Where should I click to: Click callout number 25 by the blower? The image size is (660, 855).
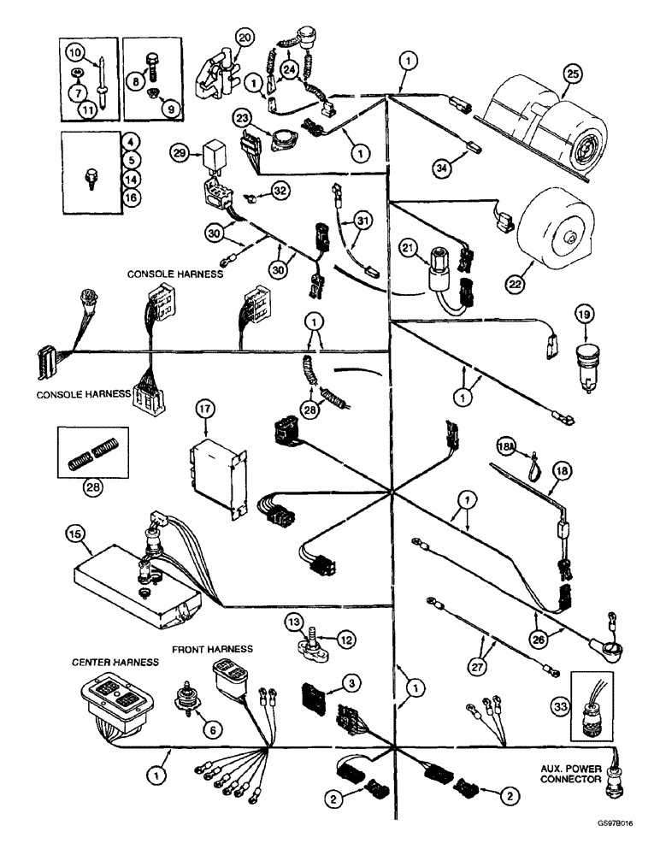[x=572, y=76]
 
